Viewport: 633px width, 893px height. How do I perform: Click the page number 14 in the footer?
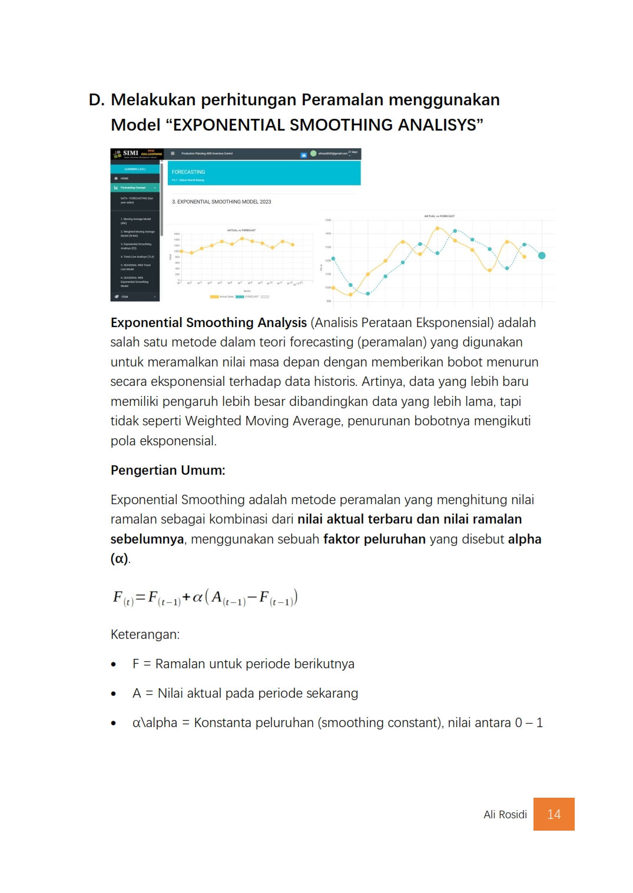tap(554, 814)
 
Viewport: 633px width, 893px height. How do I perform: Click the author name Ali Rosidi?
tap(505, 815)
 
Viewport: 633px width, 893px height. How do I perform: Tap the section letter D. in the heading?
tap(97, 100)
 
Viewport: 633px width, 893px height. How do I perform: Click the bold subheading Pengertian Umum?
tap(168, 471)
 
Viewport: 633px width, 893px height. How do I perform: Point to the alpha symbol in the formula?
tap(197, 598)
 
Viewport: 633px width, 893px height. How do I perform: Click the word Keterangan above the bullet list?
tap(144, 635)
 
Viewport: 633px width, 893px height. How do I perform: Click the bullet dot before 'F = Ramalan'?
tap(114, 665)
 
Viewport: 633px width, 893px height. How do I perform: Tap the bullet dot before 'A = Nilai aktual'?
tap(114, 694)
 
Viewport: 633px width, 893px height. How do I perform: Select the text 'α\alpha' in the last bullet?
tap(154, 723)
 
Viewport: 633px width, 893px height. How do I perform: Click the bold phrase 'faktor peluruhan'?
tap(374, 539)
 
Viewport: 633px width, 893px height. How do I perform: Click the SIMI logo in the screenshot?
tap(130, 154)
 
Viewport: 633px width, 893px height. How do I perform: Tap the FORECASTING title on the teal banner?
tap(188, 172)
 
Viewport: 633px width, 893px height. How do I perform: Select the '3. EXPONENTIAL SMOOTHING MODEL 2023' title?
tap(221, 202)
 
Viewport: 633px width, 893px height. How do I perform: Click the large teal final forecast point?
tap(542, 255)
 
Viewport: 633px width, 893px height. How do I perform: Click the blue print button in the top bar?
tap(304, 155)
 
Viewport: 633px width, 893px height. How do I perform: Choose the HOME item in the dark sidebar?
tap(124, 178)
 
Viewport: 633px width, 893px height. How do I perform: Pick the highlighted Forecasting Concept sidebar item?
tap(133, 188)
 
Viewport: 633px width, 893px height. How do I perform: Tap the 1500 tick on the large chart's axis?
tap(328, 220)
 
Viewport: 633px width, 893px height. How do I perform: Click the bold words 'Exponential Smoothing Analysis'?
tap(208, 323)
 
